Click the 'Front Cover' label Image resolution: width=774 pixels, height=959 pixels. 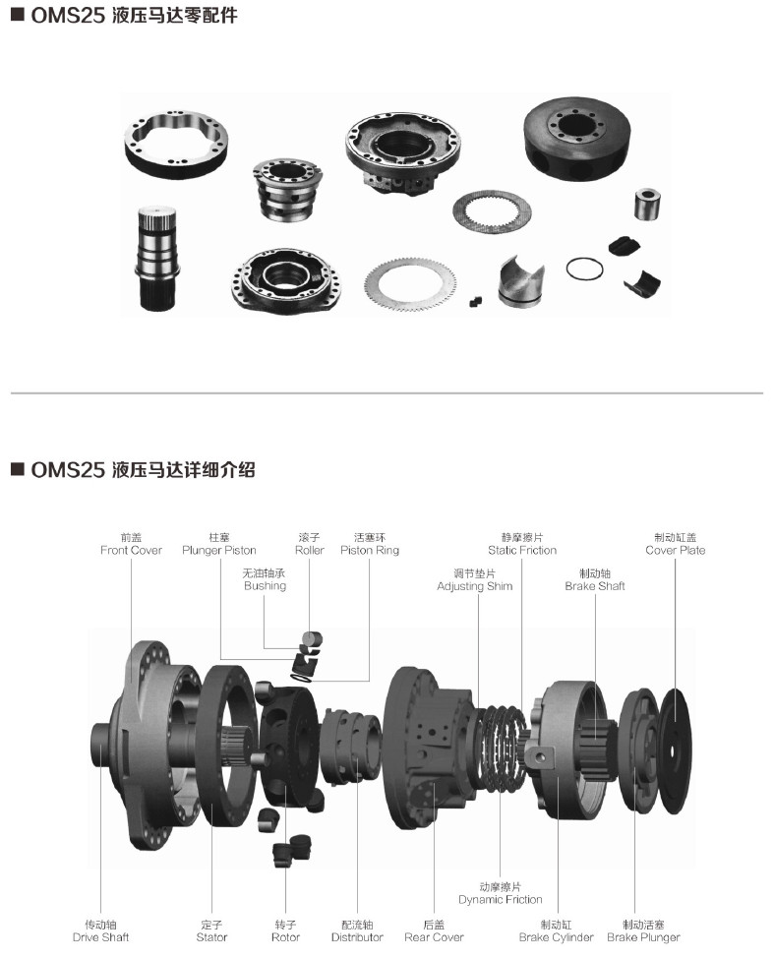pos(132,550)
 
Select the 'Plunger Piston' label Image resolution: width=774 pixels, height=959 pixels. pos(219,550)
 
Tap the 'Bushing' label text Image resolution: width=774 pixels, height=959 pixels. pos(265,585)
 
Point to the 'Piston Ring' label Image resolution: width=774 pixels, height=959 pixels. pos(370,550)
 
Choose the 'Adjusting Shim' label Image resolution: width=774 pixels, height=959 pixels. pos(474,586)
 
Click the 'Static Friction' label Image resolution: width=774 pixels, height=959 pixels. pos(522,550)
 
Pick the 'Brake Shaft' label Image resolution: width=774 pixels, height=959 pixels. pos(595,586)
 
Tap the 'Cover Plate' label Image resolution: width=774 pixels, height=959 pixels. pos(676,550)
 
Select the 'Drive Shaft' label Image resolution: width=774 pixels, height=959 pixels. pos(101,937)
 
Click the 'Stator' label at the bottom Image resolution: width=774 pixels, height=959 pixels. pos(211,937)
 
